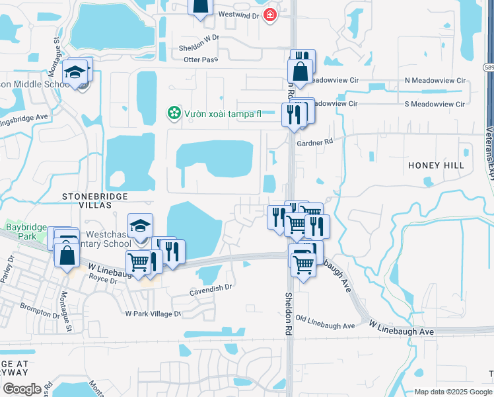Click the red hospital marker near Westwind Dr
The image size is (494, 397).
pos(269,15)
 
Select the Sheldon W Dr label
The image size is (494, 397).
pos(198,48)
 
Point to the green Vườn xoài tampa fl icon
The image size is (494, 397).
pos(173,113)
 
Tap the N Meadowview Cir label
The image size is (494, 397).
pos(436,81)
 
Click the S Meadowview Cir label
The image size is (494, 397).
pos(436,104)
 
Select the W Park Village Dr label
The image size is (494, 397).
pos(153,314)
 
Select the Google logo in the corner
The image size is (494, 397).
pos(21,388)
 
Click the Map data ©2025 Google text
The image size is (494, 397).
pos(452,392)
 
